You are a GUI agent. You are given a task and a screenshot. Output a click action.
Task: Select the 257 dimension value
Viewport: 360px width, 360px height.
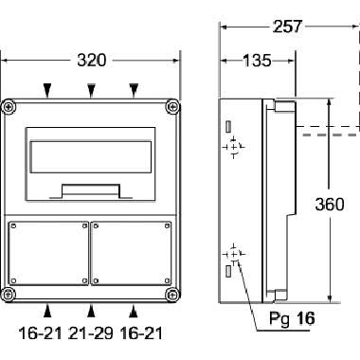pos(291,27)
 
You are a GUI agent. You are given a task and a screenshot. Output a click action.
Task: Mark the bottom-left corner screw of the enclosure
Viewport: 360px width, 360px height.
pos(10,290)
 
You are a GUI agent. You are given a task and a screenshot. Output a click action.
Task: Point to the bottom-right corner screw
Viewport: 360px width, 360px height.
pos(171,290)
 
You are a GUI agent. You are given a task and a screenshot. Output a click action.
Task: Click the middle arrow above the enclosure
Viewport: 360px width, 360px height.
pos(91,90)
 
